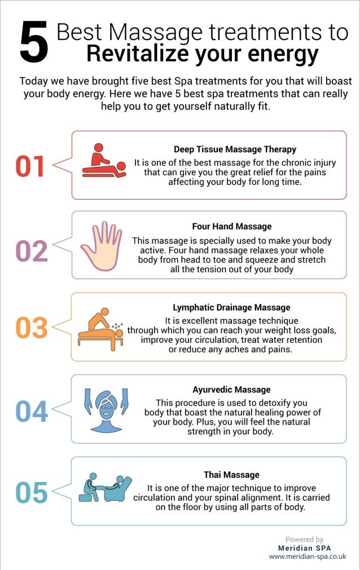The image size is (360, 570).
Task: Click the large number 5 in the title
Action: (x=34, y=42)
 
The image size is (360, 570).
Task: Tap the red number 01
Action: (x=30, y=166)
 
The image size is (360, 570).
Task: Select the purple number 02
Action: (x=31, y=251)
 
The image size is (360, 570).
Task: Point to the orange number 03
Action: (x=31, y=328)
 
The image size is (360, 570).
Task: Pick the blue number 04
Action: (x=31, y=411)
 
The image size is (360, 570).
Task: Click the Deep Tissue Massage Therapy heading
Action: (x=235, y=149)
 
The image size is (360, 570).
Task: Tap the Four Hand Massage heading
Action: (x=231, y=227)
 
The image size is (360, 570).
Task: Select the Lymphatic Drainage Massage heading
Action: (x=231, y=308)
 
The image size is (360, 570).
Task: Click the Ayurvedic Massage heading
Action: (x=231, y=390)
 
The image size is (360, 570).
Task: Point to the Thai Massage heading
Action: (x=231, y=475)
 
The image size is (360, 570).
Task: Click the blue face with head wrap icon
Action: (x=107, y=410)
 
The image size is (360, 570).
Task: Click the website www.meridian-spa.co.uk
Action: (x=307, y=556)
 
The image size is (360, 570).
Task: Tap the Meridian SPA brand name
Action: (x=305, y=548)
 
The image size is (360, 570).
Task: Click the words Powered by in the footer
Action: (x=305, y=540)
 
